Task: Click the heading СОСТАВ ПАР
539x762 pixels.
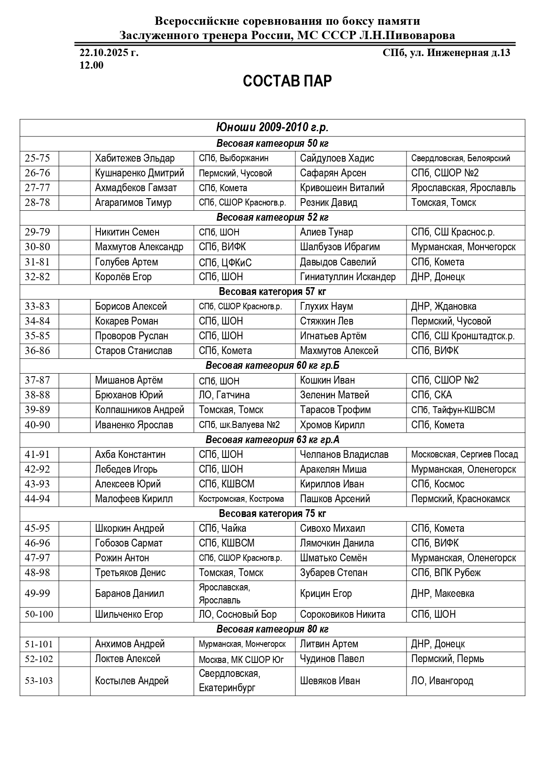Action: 287,81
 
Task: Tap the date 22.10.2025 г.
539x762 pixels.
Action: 109,53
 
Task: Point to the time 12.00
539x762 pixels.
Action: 91,66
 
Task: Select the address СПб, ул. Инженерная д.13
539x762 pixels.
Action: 446,53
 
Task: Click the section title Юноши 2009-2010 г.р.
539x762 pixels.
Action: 272,128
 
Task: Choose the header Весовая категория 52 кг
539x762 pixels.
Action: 272,217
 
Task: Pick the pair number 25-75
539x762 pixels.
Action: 37,158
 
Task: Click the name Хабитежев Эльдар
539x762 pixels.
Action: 135,158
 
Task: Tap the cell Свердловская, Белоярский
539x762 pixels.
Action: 460,159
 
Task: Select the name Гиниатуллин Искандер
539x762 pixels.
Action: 347,277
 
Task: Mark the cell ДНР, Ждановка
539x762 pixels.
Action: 443,306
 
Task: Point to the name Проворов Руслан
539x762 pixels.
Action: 132,336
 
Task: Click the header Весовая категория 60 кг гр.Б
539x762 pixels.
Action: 272,365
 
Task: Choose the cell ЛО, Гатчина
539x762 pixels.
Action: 224,395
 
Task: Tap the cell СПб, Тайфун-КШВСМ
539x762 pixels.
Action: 453,410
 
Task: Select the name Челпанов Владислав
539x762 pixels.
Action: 344,454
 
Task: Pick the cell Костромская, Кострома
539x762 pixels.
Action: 241,499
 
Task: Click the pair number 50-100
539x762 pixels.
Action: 39,614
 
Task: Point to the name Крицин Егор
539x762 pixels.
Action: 326,593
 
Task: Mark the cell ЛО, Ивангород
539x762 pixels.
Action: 442,681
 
